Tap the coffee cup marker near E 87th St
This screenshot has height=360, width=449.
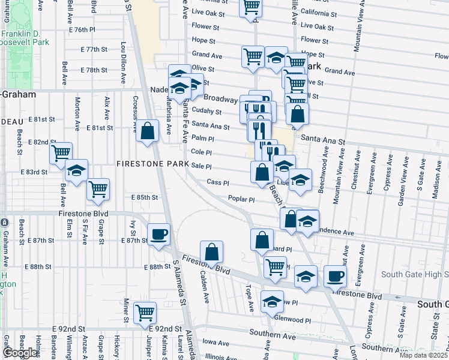tap(159, 234)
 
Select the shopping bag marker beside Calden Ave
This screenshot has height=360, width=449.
tap(211, 251)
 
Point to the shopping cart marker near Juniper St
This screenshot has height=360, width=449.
tap(145, 313)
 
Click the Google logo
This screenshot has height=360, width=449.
tap(20, 353)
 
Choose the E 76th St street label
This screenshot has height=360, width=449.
tap(82, 29)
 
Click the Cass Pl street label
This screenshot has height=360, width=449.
tap(217, 182)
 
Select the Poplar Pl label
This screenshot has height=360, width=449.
tap(241, 199)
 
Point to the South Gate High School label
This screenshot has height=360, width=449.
tap(414, 274)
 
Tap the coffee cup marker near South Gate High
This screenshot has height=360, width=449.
tap(336, 277)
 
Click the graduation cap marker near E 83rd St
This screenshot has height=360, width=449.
tap(77, 171)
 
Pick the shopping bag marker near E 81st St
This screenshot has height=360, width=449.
tap(147, 131)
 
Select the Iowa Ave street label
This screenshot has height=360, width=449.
tap(216, 343)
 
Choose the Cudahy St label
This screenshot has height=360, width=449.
tap(210, 112)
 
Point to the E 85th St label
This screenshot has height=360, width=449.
tap(144, 197)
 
